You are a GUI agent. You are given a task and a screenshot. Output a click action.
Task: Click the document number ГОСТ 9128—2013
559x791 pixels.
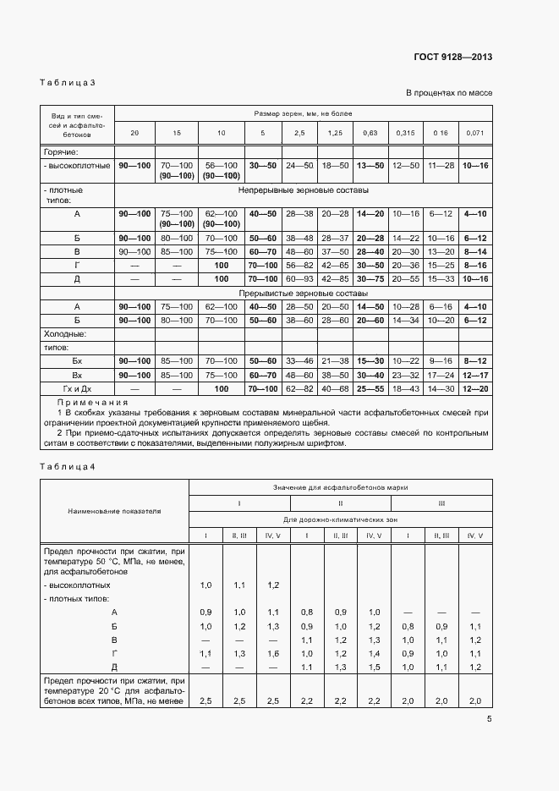[452, 58]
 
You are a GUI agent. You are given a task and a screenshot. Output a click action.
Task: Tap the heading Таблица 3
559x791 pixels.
[68, 83]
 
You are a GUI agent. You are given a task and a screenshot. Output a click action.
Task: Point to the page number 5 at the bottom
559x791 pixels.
[489, 719]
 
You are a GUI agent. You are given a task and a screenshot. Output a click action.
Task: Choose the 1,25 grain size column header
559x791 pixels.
[335, 134]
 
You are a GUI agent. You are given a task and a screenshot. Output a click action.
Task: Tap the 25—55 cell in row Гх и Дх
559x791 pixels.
[370, 388]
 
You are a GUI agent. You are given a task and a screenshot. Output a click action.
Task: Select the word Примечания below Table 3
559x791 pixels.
[92, 403]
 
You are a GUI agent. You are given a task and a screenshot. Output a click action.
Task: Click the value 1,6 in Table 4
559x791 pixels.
[273, 654]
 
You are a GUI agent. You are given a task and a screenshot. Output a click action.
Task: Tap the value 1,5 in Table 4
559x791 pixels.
[374, 667]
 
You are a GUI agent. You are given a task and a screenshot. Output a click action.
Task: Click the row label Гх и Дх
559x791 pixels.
[77, 388]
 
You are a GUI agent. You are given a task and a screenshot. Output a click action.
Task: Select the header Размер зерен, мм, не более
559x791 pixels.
[302, 113]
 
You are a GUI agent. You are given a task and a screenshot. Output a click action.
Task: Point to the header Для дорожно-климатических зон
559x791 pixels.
[340, 519]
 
